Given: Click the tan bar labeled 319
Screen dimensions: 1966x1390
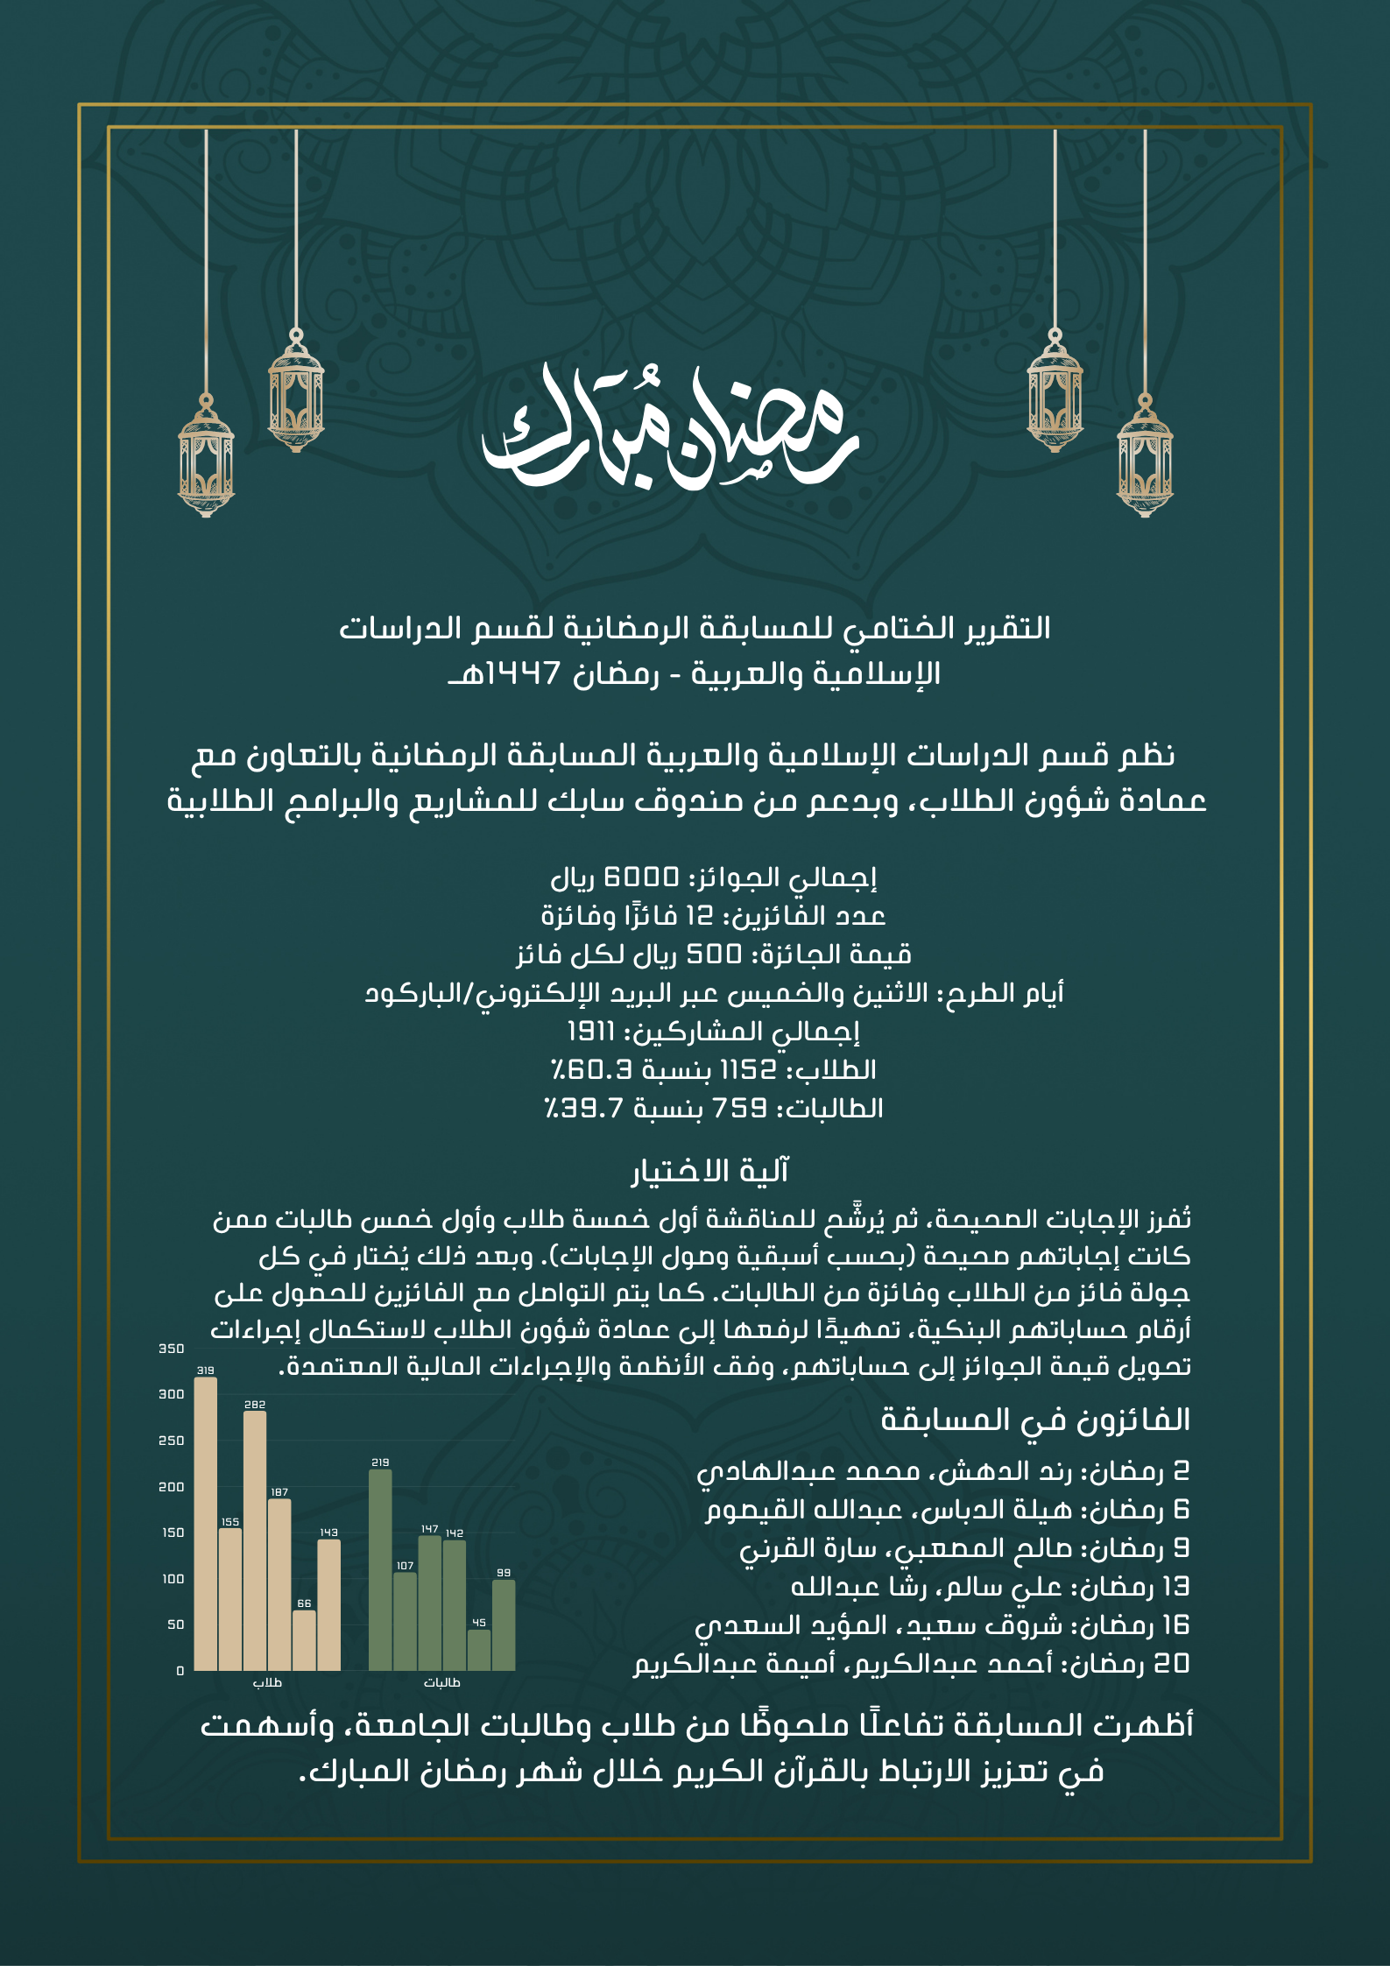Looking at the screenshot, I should click(x=205, y=1523).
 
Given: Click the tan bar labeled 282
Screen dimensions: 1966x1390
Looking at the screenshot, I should click(x=255, y=1540).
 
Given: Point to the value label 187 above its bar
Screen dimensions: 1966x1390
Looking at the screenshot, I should click(x=279, y=1492).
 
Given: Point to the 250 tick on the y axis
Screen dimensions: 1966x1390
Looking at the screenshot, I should click(x=172, y=1441).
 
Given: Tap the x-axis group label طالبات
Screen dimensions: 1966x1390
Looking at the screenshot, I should click(x=442, y=1682).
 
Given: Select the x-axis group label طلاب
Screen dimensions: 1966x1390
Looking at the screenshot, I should click(x=267, y=1682).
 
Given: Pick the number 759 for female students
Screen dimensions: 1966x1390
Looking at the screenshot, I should click(x=740, y=1108).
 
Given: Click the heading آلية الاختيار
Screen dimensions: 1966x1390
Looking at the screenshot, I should click(x=710, y=1171).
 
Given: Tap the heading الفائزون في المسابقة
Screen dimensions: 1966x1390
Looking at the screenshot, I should click(x=1035, y=1420).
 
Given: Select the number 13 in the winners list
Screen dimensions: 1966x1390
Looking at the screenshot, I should click(x=1174, y=1586).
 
